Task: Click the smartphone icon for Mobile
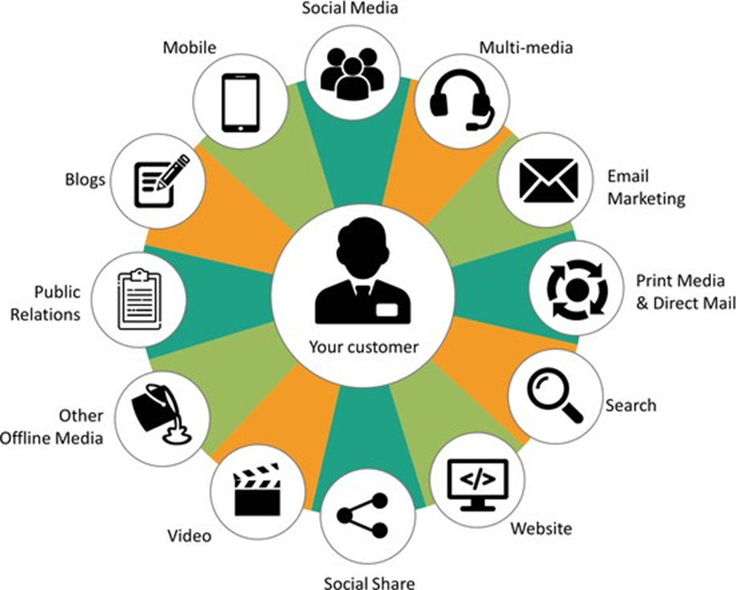(x=240, y=102)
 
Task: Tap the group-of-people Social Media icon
(x=349, y=72)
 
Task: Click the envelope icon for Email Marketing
(x=549, y=180)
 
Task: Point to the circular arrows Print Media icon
(x=577, y=288)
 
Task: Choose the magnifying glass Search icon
(x=555, y=395)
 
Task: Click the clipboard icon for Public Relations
(x=140, y=298)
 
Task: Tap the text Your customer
(x=363, y=348)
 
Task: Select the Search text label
(x=631, y=404)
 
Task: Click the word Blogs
(x=85, y=179)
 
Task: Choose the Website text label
(x=542, y=528)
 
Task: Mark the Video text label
(x=189, y=535)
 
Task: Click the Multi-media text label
(x=526, y=47)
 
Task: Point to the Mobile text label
(x=190, y=47)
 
